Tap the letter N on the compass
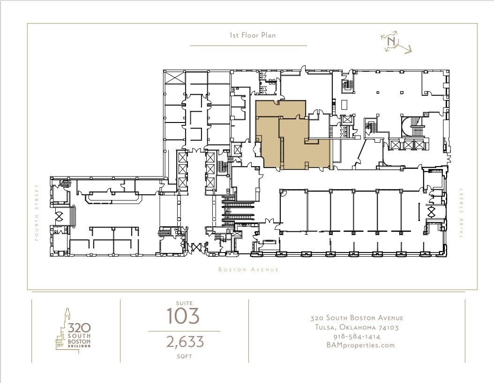coord(391,41)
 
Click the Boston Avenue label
coord(248,270)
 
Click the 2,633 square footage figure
coord(185,342)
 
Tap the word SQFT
coord(184,356)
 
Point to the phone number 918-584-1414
coord(357,337)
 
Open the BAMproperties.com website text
coord(357,345)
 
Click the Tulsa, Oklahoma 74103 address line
coord(357,328)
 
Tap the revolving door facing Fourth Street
coord(60,216)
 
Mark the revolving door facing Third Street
coord(431,212)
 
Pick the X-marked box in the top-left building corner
coord(172,77)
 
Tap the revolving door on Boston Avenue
coord(195,247)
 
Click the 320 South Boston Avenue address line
coord(357,318)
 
